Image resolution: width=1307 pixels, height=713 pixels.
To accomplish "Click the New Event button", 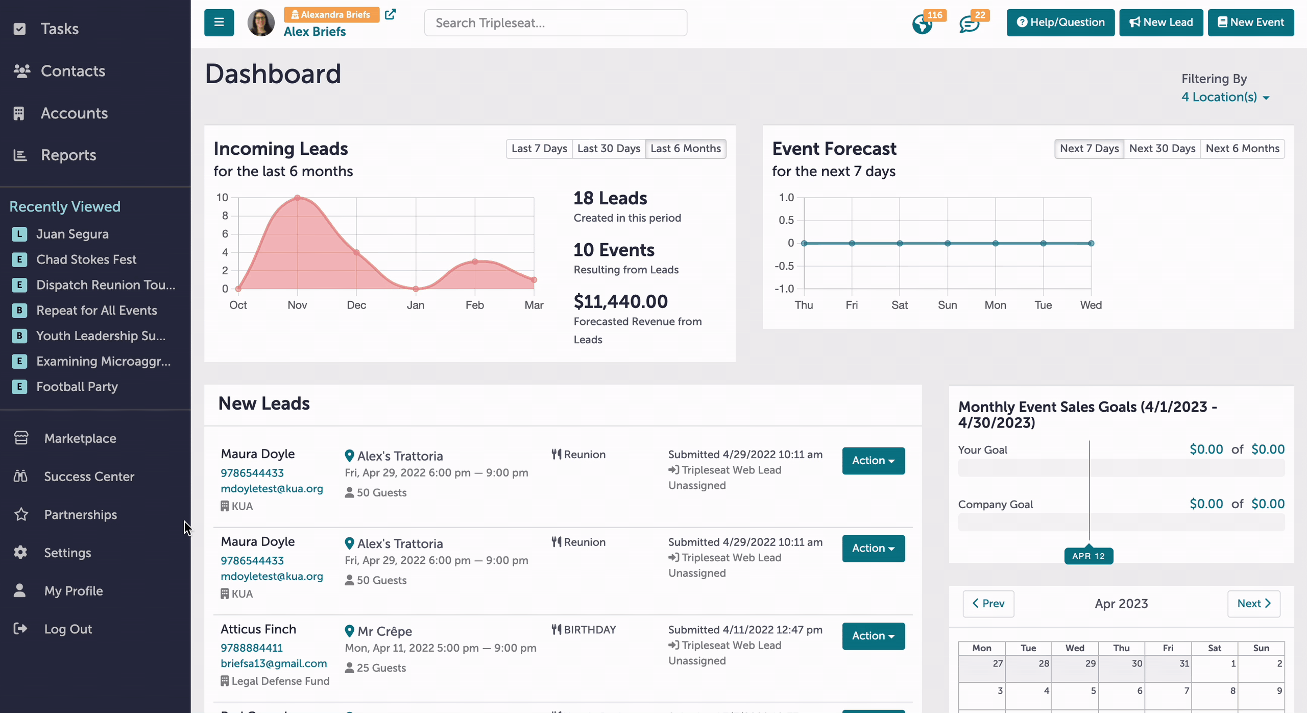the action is click(1250, 22).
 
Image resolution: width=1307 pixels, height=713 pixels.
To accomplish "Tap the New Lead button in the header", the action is click(1161, 22).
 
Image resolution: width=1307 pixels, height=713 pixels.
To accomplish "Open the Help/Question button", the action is click(1060, 22).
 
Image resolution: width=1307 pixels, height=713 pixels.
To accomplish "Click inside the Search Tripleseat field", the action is click(555, 23).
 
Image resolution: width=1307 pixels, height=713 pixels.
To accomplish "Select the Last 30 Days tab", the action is click(609, 149).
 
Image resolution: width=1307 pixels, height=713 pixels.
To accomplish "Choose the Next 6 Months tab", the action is click(1242, 149).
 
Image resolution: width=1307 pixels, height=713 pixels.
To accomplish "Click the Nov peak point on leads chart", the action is click(297, 198).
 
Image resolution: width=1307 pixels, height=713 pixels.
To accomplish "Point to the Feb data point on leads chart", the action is click(475, 262).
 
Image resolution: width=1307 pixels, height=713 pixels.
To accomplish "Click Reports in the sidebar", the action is click(68, 155).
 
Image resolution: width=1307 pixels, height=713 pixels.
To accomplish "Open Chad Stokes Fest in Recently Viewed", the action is click(86, 259).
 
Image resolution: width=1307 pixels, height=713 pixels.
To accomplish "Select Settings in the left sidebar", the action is click(67, 553).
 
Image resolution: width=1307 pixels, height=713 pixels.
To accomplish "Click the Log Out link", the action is click(68, 629).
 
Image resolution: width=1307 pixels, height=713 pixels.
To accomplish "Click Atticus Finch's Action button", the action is click(874, 636).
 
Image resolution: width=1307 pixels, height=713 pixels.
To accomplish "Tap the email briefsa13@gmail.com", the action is click(274, 663).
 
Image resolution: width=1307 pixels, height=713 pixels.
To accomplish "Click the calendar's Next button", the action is click(1253, 604).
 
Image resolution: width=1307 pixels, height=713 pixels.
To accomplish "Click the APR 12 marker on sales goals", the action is click(1088, 556).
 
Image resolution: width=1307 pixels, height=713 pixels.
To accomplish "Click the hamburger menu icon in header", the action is click(219, 22).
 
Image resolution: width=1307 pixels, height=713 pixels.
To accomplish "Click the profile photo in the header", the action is click(261, 22).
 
